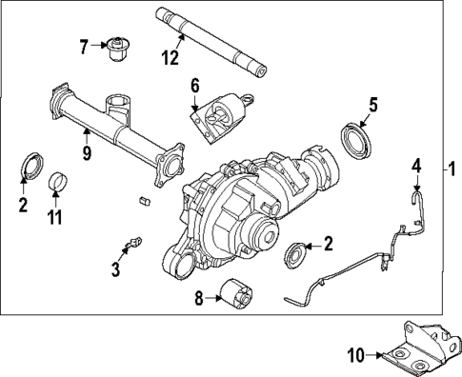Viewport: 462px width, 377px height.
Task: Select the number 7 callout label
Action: (x=84, y=45)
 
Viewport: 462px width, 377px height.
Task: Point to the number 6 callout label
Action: (x=195, y=86)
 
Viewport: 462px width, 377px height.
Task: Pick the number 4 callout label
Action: (x=415, y=168)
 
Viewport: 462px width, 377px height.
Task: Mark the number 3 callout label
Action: (x=115, y=270)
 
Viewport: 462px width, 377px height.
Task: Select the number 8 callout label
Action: (x=200, y=298)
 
